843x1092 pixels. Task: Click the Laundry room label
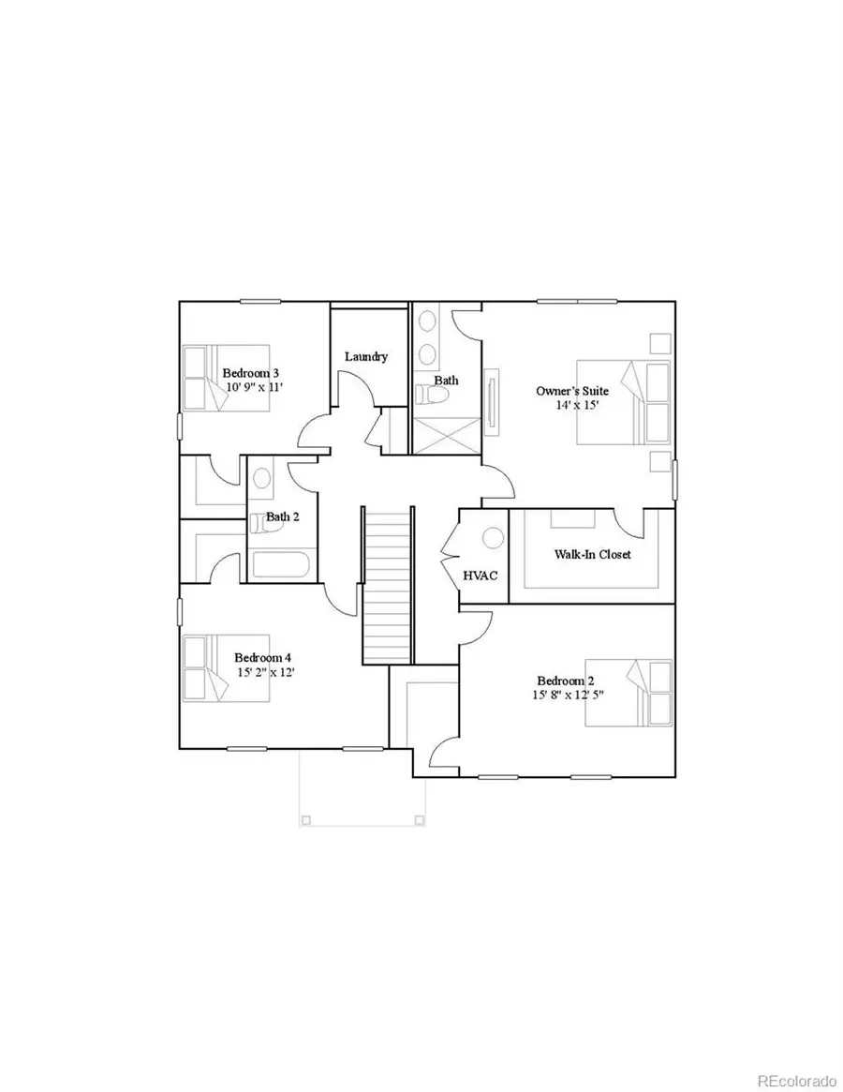click(x=366, y=356)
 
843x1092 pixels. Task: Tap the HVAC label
click(x=481, y=576)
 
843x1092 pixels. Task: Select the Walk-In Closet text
click(x=592, y=554)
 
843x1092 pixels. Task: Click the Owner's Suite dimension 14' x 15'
click(x=577, y=405)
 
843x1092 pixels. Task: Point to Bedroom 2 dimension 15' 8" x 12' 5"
click(x=568, y=695)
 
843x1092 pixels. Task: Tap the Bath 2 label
click(x=283, y=516)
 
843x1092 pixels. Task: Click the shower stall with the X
click(x=446, y=436)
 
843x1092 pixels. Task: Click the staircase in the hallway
click(x=387, y=585)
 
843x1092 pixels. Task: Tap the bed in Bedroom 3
click(x=227, y=378)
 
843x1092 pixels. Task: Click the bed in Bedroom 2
click(x=629, y=693)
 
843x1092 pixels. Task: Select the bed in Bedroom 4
click(x=227, y=668)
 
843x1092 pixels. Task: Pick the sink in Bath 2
click(x=261, y=478)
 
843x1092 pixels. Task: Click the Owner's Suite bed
click(x=624, y=402)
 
